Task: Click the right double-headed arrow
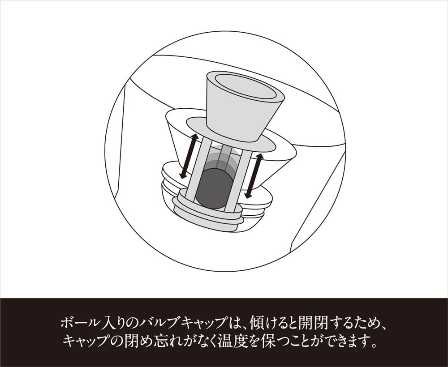click(254, 175)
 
